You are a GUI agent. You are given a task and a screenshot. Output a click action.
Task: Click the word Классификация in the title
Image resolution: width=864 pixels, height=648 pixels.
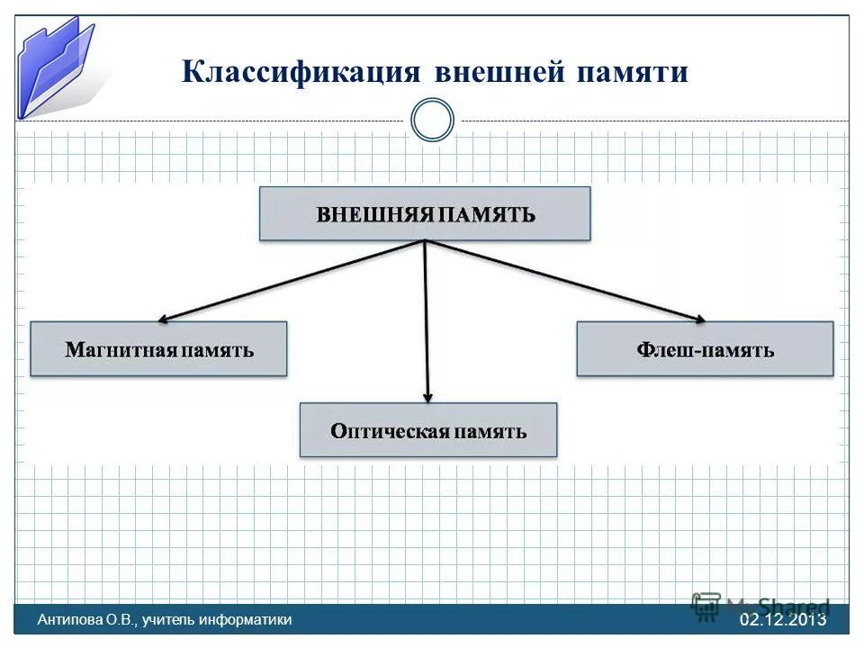[301, 72]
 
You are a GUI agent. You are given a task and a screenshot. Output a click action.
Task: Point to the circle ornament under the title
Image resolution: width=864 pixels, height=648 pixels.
[432, 121]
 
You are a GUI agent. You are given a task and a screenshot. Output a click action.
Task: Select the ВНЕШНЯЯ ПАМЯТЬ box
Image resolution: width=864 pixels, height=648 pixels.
[425, 213]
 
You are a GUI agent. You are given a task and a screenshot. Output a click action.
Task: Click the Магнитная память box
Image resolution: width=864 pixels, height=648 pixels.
[158, 349]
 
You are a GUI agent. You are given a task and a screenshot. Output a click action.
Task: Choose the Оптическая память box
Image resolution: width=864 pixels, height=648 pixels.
[427, 430]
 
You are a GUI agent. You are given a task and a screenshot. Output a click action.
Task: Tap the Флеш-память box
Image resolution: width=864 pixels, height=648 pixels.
[705, 349]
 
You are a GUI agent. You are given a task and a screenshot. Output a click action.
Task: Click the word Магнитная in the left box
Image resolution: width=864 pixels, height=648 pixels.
[120, 350]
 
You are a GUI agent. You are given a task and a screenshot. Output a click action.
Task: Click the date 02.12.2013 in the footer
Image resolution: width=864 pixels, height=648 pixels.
[782, 619]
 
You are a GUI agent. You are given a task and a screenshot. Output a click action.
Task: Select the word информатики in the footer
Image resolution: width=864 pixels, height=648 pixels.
[247, 619]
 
